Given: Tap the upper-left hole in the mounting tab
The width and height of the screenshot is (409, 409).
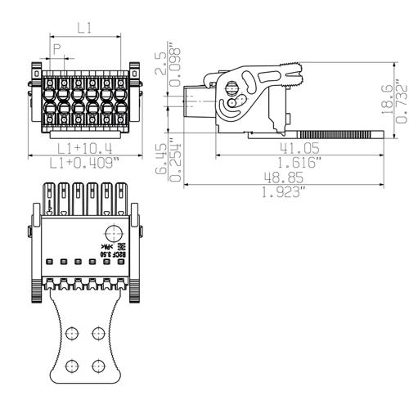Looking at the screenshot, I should [72, 332].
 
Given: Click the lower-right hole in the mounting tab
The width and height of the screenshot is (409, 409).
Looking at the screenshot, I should [100, 363].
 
